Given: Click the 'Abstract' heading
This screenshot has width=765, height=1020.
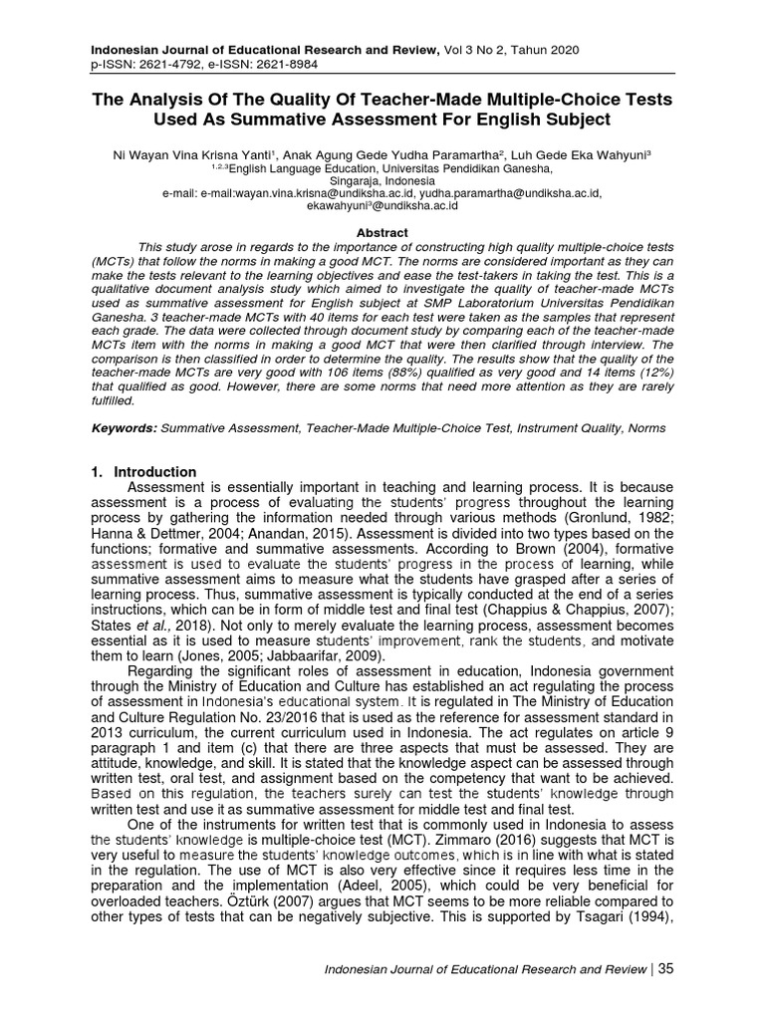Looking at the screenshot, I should pos(382,232).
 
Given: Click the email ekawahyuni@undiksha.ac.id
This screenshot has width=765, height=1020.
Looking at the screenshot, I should pos(382,207).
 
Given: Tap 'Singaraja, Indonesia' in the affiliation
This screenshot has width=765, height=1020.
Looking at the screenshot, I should pos(382,182).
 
